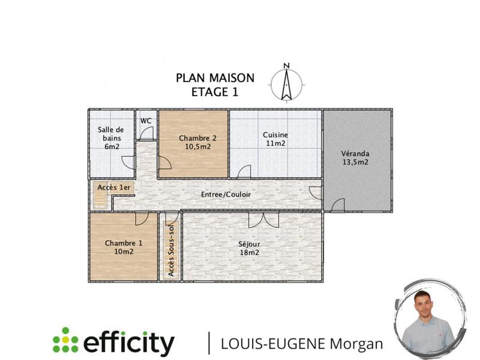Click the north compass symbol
coord(287,82)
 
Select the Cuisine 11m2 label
coord(275,139)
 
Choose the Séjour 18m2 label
coord(249,248)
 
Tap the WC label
coord(146,121)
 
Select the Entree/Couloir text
coord(226,195)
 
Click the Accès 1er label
coord(114,188)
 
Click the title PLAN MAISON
coord(215,78)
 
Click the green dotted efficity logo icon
coord(65,340)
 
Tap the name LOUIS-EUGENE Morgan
coord(302,344)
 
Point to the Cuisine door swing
coord(244,172)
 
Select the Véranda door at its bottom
coord(338,205)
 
